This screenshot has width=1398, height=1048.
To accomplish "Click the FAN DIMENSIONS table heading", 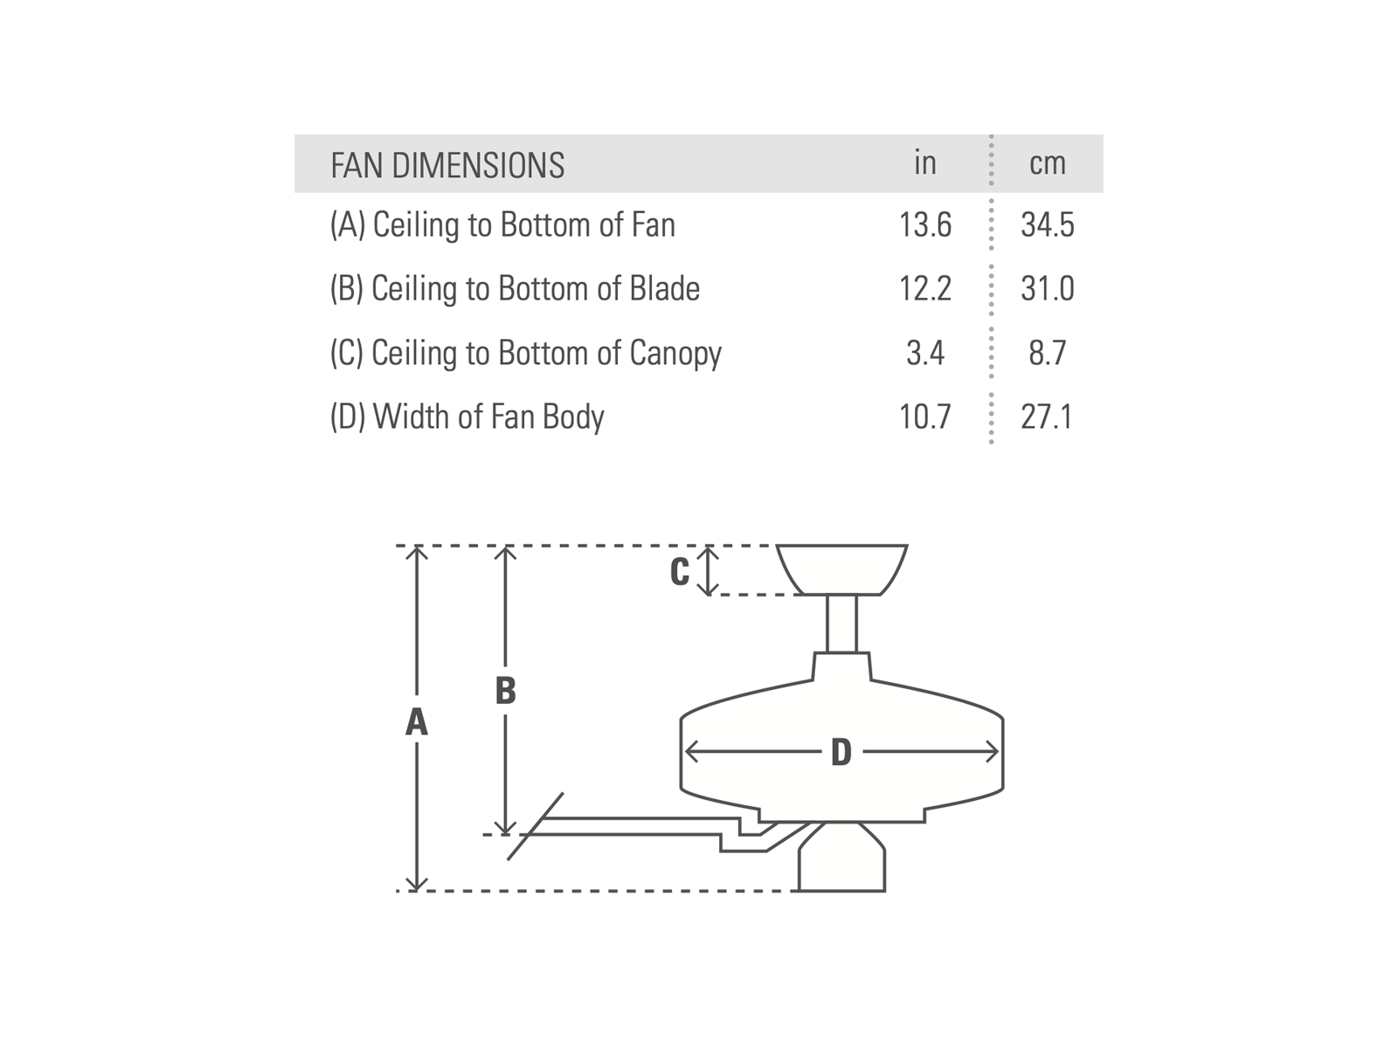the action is click(x=447, y=165).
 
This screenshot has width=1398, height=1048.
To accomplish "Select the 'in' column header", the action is click(x=924, y=162).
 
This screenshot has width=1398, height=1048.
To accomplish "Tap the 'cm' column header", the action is click(x=1047, y=163).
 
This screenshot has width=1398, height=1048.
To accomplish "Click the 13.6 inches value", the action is click(x=924, y=225).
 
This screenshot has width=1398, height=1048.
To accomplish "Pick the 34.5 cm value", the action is click(x=1047, y=225).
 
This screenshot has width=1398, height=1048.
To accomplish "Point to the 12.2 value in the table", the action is click(x=924, y=289).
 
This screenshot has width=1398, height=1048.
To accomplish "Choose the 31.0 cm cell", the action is click(x=1047, y=289).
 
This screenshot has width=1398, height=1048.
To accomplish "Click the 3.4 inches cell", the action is click(x=924, y=353).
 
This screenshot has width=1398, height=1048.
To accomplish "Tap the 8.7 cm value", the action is click(x=1047, y=353).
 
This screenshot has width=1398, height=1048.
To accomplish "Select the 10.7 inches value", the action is click(x=924, y=417).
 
